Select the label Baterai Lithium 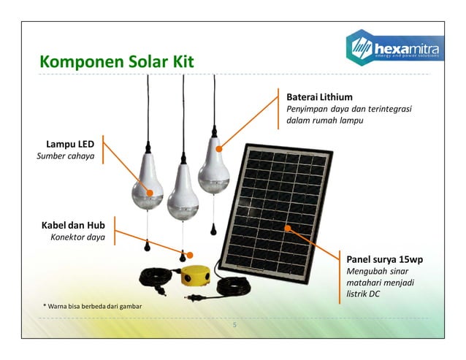pos(319,96)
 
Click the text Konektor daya pos(77,237)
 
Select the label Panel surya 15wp pos(385,259)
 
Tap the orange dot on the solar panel pos(288,228)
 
